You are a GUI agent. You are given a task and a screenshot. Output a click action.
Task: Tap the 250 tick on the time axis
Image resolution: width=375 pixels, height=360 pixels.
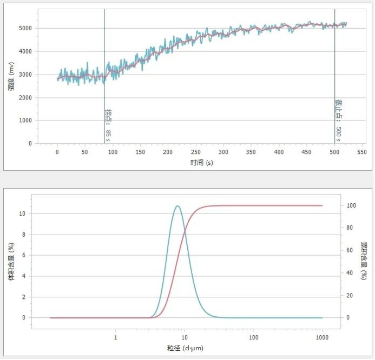(x=195, y=152)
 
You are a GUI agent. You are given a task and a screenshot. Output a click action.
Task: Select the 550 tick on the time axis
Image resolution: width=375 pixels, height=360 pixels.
(x=361, y=152)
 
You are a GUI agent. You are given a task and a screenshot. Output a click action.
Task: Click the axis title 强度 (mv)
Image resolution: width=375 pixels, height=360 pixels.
(x=11, y=76)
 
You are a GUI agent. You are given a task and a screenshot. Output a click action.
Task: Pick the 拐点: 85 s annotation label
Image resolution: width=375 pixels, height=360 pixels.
(x=108, y=123)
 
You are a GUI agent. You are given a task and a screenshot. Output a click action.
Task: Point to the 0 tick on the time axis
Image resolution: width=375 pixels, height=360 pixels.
(x=57, y=152)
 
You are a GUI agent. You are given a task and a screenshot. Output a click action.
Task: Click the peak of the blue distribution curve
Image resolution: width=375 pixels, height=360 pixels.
(x=177, y=206)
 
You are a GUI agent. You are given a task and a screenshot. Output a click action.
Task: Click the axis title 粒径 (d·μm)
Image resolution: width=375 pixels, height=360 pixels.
(x=186, y=348)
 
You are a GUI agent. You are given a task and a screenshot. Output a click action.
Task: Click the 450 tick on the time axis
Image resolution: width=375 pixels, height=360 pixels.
(x=306, y=152)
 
